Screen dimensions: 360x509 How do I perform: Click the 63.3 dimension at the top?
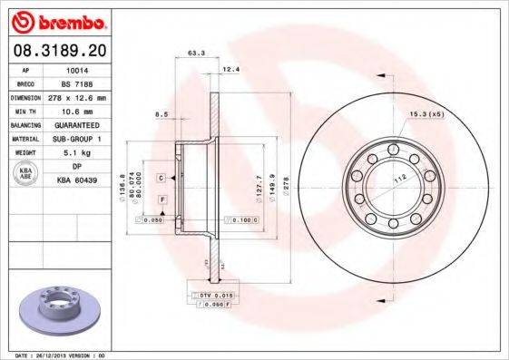click(x=194, y=54)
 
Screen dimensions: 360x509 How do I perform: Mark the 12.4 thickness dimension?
click(x=230, y=68)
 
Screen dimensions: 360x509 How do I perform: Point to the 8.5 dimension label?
click(x=162, y=113)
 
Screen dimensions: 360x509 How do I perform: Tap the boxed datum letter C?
click(x=160, y=178)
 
